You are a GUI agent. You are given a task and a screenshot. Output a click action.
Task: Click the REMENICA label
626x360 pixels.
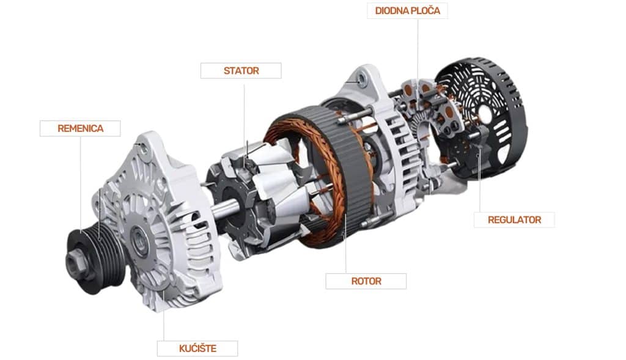(x=80, y=128)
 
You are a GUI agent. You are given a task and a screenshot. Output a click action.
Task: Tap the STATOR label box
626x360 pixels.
(x=241, y=71)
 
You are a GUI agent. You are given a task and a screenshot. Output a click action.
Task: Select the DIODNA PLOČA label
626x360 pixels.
(x=407, y=11)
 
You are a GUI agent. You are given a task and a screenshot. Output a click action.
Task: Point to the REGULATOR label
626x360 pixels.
(x=514, y=220)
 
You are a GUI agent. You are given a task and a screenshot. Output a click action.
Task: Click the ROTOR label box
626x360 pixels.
(x=366, y=281)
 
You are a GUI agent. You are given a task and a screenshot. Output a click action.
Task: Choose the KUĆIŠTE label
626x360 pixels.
(x=197, y=348)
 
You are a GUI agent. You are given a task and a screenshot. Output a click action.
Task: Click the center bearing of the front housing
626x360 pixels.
(x=139, y=240)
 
